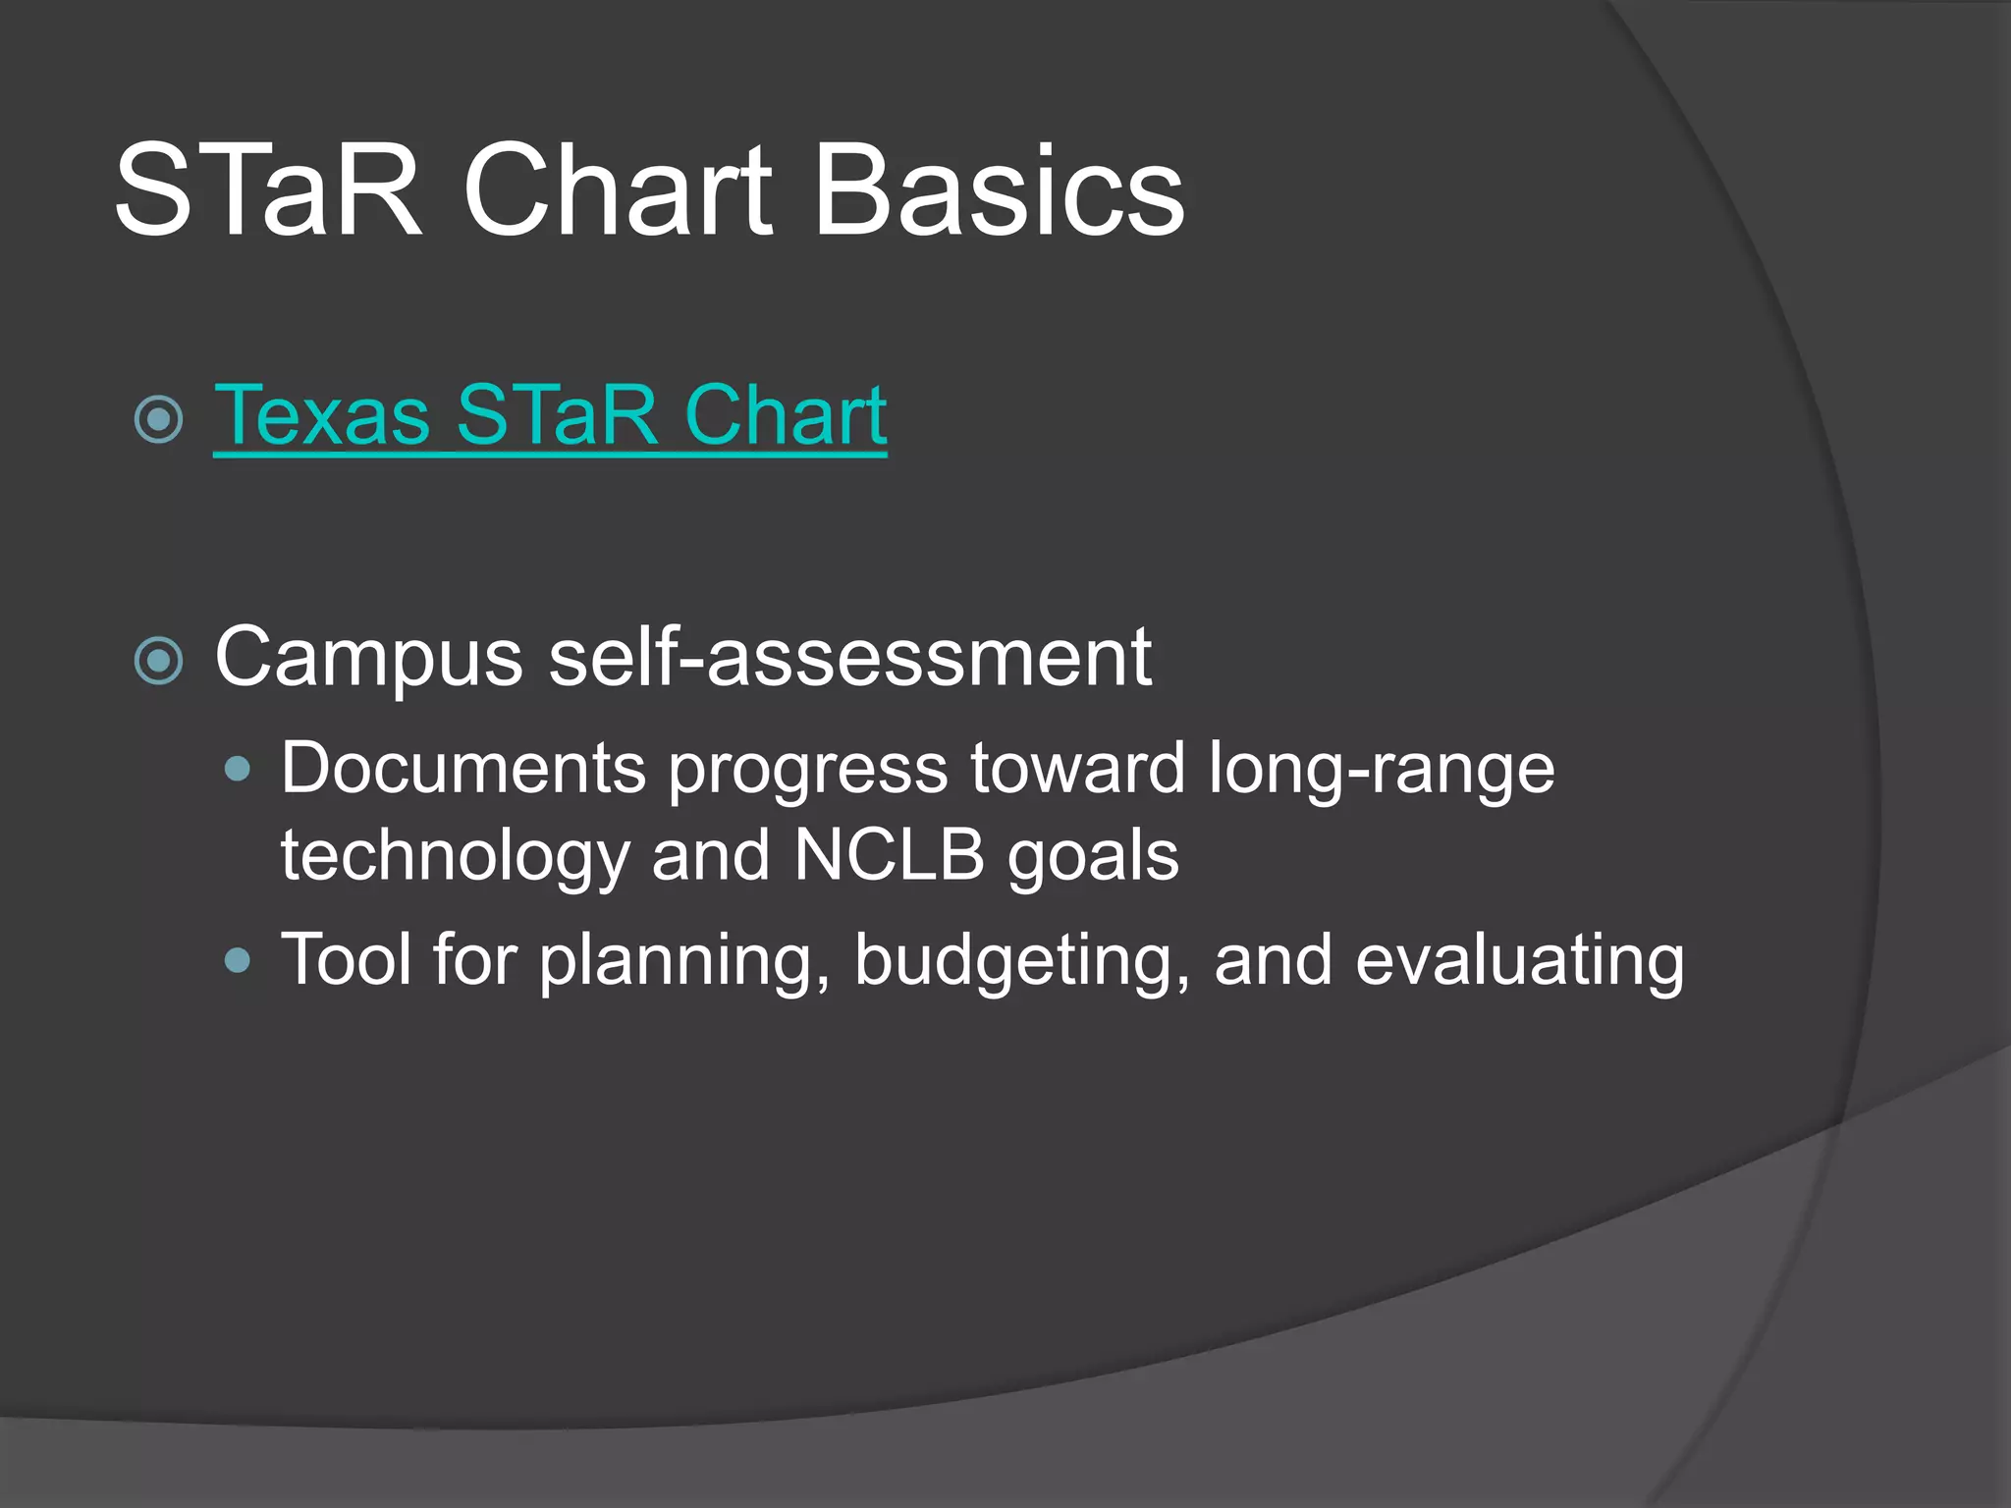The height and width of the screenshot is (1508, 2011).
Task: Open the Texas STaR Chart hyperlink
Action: pos(550,416)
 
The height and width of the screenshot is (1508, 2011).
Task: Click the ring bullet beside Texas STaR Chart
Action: pos(158,420)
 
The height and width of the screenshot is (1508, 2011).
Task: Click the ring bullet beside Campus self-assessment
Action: pos(158,661)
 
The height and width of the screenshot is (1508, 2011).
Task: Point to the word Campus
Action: pos(368,659)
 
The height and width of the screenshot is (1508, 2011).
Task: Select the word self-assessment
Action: pos(849,657)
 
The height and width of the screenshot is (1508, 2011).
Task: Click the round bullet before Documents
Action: pos(238,769)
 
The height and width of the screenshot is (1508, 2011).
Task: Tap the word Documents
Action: pos(462,768)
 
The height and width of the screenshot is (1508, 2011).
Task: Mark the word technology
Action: pos(454,857)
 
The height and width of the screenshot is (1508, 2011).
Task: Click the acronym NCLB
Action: pos(889,855)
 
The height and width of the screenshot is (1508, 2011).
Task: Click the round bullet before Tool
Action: pos(238,960)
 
